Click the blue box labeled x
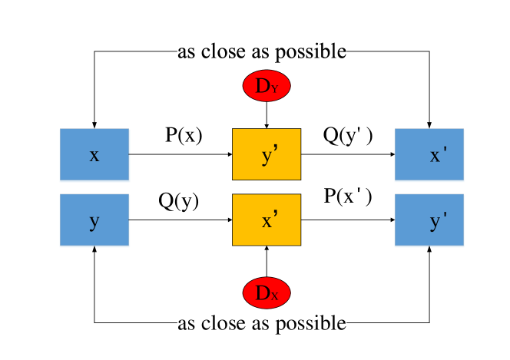[x=94, y=155]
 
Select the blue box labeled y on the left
[x=94, y=221]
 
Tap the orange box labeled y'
[x=267, y=154]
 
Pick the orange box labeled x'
[x=267, y=220]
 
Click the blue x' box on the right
[x=429, y=155]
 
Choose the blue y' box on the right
[x=429, y=221]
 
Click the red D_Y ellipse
[x=267, y=86]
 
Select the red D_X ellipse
[x=267, y=292]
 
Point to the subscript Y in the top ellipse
[x=275, y=90]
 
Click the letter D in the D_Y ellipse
[x=262, y=86]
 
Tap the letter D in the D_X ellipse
[x=262, y=292]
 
